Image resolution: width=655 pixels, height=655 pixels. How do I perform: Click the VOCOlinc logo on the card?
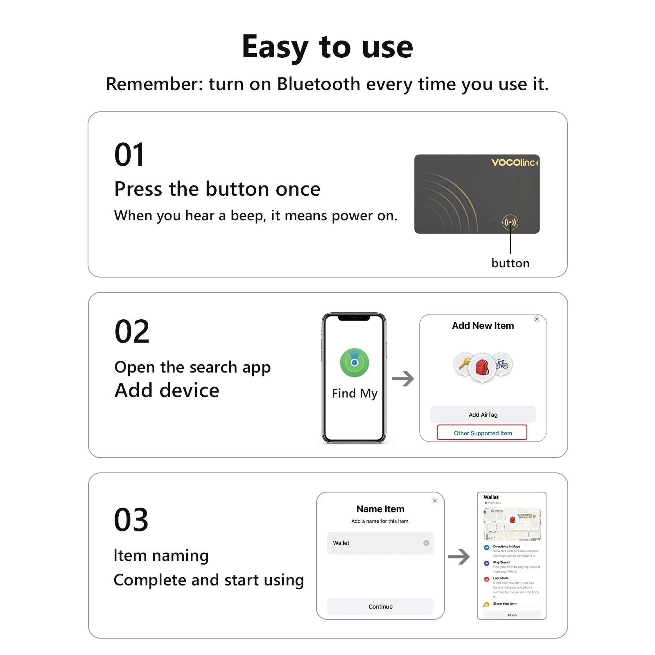(x=515, y=163)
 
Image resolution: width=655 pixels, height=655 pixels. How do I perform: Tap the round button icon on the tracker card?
(x=510, y=222)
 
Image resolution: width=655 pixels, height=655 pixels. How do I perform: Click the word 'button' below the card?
(x=510, y=263)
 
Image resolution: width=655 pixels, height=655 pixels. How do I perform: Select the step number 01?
(x=129, y=155)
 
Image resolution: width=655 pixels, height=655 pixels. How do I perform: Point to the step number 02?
(x=132, y=332)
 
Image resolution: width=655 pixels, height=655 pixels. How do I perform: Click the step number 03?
(x=131, y=520)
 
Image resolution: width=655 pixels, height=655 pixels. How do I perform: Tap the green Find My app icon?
(x=355, y=363)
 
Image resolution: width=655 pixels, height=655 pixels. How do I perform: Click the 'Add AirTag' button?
(x=483, y=415)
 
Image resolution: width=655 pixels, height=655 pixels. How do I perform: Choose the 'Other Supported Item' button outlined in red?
(x=482, y=433)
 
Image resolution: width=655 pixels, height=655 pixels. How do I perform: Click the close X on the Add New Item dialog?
(x=537, y=319)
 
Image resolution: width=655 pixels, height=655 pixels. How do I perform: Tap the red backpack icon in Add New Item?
(x=482, y=367)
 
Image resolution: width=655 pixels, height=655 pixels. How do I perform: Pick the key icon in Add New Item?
(x=464, y=363)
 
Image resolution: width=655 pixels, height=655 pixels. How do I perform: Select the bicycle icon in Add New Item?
(x=502, y=363)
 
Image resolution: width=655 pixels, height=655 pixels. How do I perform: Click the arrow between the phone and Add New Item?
(x=403, y=379)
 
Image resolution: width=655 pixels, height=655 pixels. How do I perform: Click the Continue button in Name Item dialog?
(x=380, y=606)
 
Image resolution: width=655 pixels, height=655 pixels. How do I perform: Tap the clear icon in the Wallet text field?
(x=426, y=543)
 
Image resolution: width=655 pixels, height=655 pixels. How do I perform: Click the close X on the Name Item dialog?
(x=435, y=501)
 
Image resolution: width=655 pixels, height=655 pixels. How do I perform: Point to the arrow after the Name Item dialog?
(x=458, y=557)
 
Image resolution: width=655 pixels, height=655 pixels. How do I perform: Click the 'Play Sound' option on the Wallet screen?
(x=501, y=562)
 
